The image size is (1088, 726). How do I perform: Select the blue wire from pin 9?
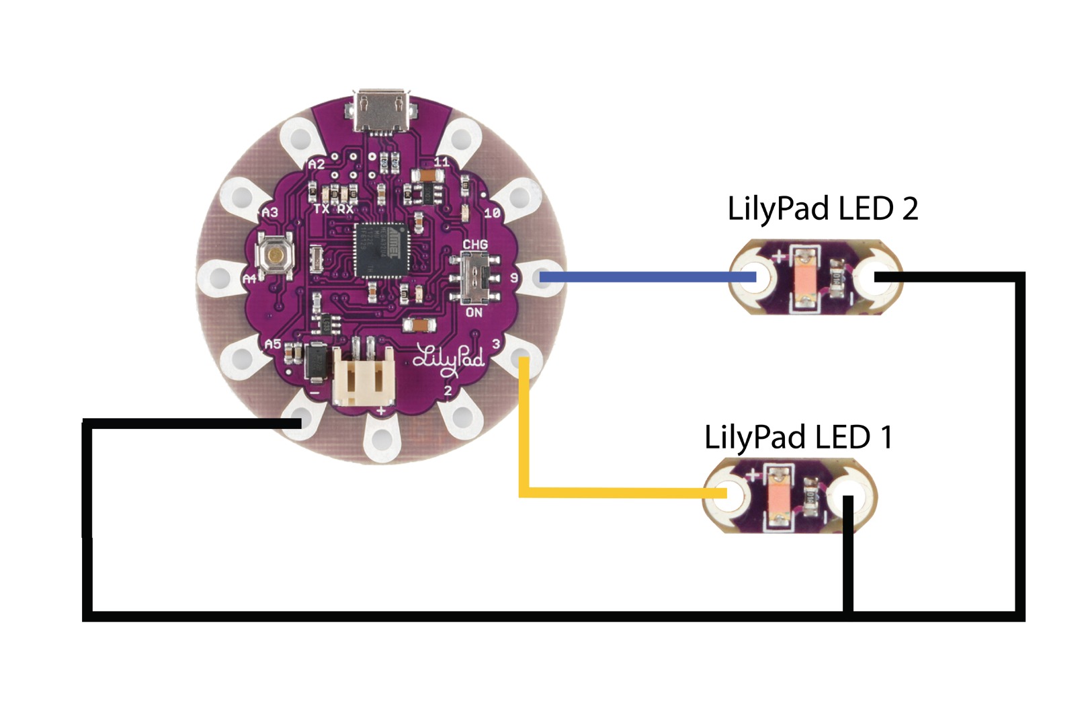645,276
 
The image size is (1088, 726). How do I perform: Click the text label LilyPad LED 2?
823,208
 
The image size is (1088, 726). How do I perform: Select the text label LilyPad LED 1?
798,437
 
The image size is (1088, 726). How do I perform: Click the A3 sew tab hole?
241,197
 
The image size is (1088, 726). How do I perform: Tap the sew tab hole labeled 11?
460,140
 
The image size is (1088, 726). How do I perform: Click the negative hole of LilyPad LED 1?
848,496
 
